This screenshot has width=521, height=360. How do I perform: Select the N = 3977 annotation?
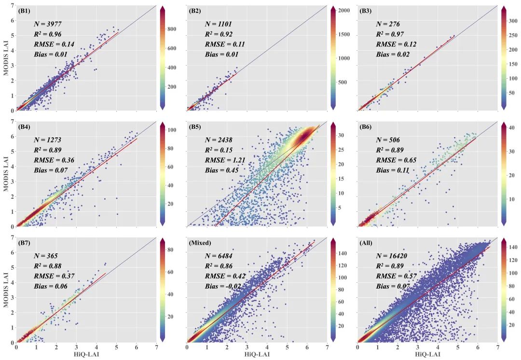coord(47,24)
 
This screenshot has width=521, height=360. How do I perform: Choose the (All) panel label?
coord(366,242)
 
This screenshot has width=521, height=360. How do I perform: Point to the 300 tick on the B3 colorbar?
coord(513,21)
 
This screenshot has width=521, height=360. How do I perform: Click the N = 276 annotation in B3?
coord(387,24)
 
